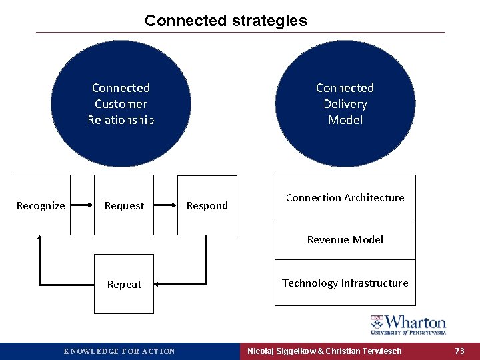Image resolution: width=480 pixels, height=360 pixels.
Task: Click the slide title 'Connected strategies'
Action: coord(225,21)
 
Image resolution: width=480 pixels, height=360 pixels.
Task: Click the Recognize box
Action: coord(41,205)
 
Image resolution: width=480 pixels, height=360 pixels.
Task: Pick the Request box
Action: coord(124,205)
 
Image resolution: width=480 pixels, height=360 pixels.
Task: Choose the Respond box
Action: coord(207,205)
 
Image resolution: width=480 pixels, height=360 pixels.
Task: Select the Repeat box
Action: coord(124,284)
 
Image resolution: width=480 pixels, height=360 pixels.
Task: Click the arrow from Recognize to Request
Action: coord(81,205)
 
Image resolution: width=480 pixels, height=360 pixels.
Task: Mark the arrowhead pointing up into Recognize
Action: coord(41,239)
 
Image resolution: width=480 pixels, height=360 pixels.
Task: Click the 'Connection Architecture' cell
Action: coord(345,197)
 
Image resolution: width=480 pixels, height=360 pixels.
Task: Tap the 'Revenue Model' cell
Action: coord(345,239)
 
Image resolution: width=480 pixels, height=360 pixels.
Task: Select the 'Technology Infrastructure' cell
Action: coord(345,283)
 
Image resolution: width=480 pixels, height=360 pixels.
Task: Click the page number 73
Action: coord(459,351)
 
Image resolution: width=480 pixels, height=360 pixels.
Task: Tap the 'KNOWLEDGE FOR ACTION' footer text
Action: coord(119,351)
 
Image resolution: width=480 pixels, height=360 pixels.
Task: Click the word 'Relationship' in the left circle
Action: coord(121,120)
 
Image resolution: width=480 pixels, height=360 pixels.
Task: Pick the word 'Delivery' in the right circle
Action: coord(345,104)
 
